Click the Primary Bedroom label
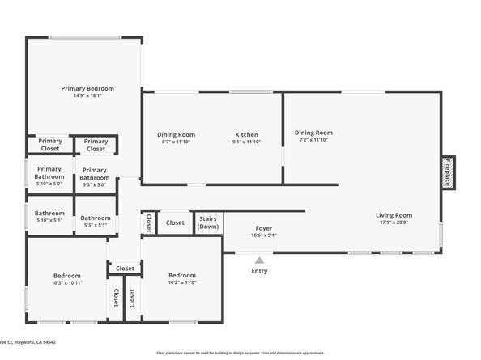click(x=87, y=88)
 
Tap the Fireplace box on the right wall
click(x=446, y=172)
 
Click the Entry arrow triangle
click(x=259, y=260)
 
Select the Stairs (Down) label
click(x=208, y=222)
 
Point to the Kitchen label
click(x=246, y=134)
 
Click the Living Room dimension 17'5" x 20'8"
click(x=394, y=222)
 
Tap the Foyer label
click(x=264, y=229)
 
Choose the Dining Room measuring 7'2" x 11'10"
click(x=313, y=133)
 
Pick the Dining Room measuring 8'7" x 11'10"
click(x=176, y=134)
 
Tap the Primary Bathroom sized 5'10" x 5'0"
click(x=49, y=172)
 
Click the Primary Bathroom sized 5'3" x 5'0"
click(x=95, y=174)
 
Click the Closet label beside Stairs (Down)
click(x=176, y=222)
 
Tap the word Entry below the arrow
click(x=259, y=271)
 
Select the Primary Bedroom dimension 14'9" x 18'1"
click(x=87, y=95)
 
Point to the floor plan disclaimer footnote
click(x=240, y=354)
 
